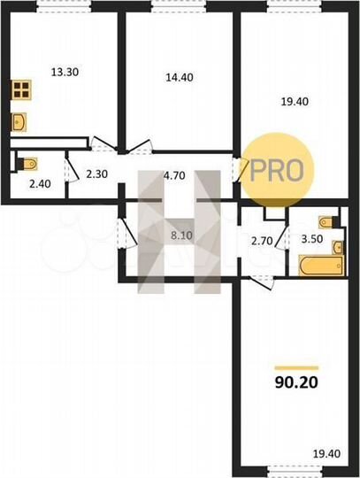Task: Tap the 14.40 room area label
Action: pyautogui.click(x=179, y=77)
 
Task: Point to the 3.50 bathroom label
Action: pyautogui.click(x=311, y=240)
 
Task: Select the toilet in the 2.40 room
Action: pyautogui.click(x=29, y=162)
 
